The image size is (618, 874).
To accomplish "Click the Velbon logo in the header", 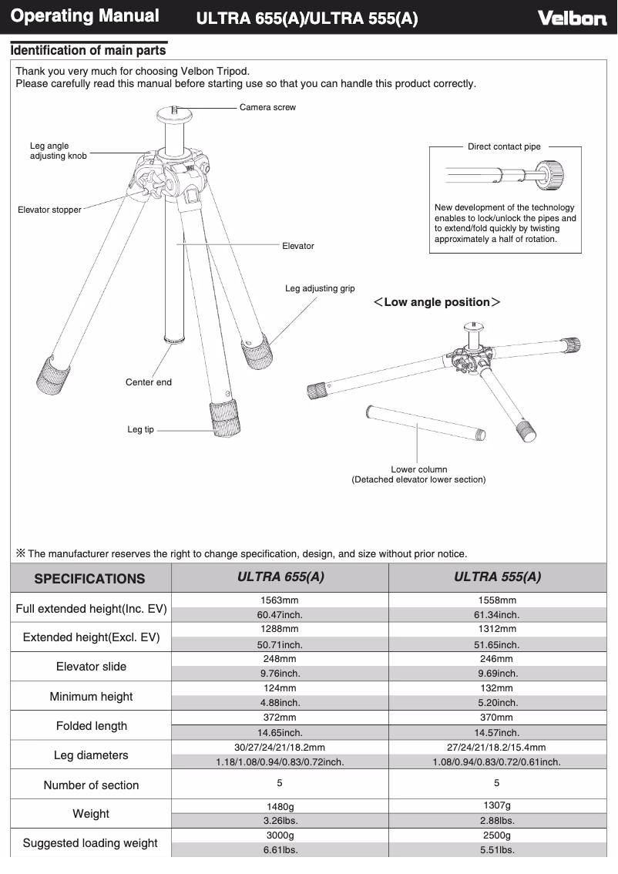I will [x=572, y=18].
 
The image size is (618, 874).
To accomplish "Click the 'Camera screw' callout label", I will [x=267, y=107].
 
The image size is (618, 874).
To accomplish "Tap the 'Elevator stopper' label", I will [x=49, y=210].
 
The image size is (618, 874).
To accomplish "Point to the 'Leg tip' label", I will [x=140, y=429].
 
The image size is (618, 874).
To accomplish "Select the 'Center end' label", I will [x=149, y=382].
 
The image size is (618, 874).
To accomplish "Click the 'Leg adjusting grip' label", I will [x=320, y=288].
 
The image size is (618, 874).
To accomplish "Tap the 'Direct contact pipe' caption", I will [x=504, y=146].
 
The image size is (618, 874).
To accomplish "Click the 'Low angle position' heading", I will [x=437, y=302].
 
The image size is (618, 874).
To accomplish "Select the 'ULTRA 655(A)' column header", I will [x=280, y=577].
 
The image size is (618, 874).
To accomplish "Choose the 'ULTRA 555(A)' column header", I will [x=497, y=577].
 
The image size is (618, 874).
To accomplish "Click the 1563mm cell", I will [x=280, y=600].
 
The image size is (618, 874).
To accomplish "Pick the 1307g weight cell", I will [x=497, y=805].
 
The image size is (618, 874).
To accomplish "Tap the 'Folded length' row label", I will [x=91, y=726].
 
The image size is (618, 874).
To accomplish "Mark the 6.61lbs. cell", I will [x=280, y=850].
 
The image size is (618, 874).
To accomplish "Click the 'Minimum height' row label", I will [x=91, y=696].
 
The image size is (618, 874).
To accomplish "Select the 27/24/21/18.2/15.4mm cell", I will [x=497, y=747].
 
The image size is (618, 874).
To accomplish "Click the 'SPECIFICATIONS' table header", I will [x=89, y=578].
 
